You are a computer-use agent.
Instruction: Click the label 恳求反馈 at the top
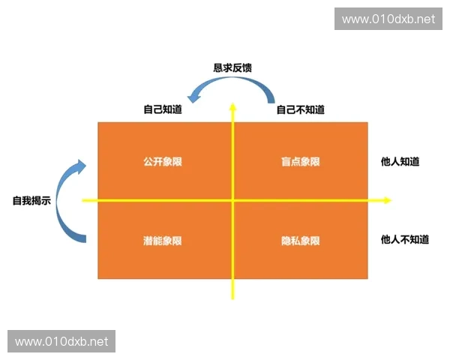232,67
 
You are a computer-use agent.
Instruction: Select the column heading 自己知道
163,109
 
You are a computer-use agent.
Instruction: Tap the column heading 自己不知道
300,109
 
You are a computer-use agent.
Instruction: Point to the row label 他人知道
400,161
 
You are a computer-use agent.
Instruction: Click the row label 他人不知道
405,240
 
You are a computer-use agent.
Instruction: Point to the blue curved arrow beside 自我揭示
72,201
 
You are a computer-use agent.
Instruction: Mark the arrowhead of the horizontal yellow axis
387,200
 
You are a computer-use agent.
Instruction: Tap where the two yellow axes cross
232,200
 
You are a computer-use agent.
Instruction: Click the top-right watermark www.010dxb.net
388,19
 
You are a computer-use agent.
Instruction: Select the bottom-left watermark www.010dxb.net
61,341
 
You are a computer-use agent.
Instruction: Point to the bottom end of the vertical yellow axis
232,298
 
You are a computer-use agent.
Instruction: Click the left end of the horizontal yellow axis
82,200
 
